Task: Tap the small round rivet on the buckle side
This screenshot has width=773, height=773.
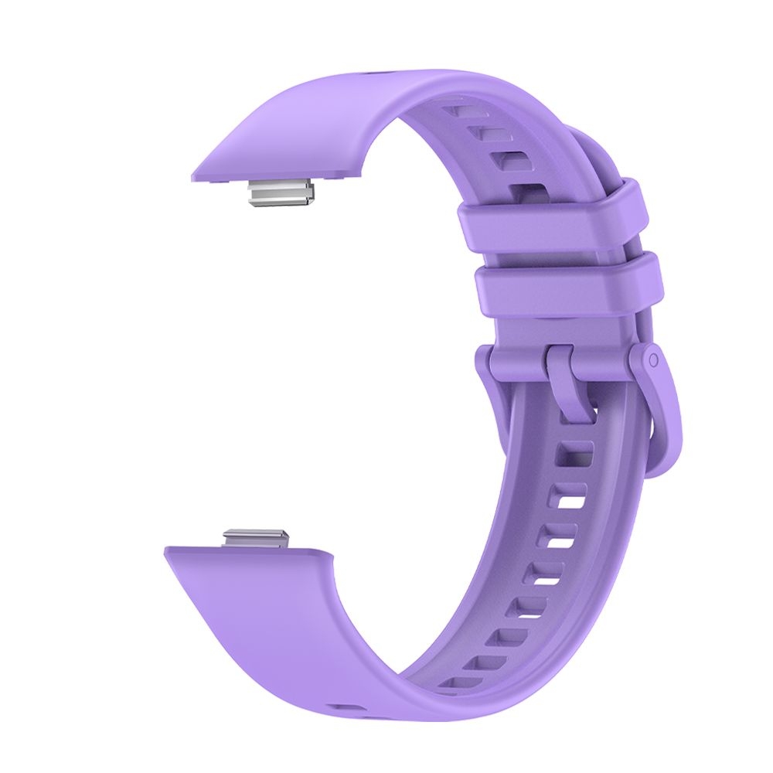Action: (x=654, y=360)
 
